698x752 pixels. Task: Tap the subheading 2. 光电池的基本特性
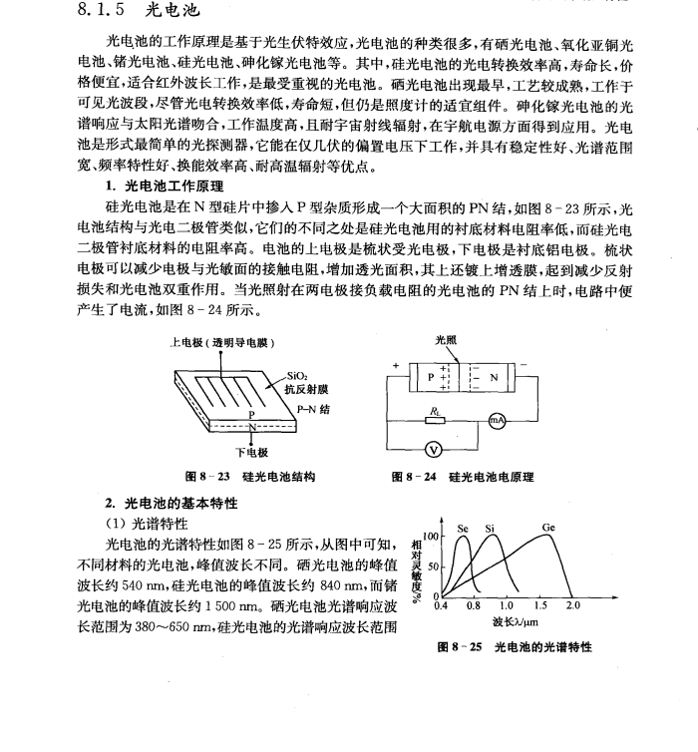[172, 503]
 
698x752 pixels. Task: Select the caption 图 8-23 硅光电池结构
[244, 477]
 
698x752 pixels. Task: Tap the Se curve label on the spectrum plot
[463, 529]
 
